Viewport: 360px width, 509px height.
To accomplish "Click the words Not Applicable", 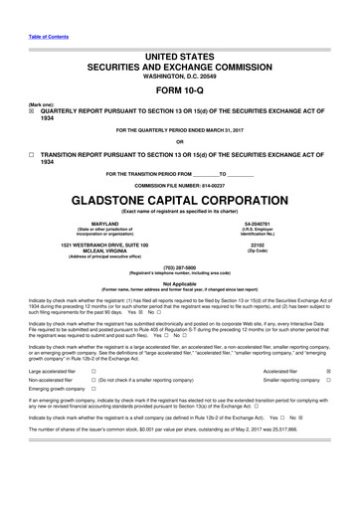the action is [180, 282].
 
